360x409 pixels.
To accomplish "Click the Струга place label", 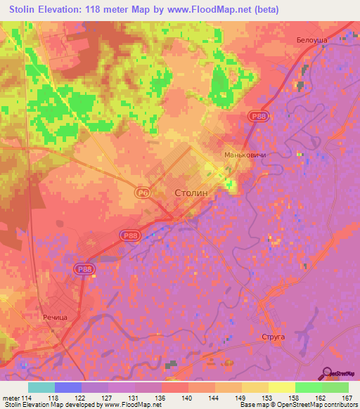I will tap(273, 337).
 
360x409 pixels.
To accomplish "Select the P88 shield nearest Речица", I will tap(83, 268).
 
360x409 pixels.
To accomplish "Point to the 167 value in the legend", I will tap(346, 398).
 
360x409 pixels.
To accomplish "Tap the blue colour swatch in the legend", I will tap(67, 387).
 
